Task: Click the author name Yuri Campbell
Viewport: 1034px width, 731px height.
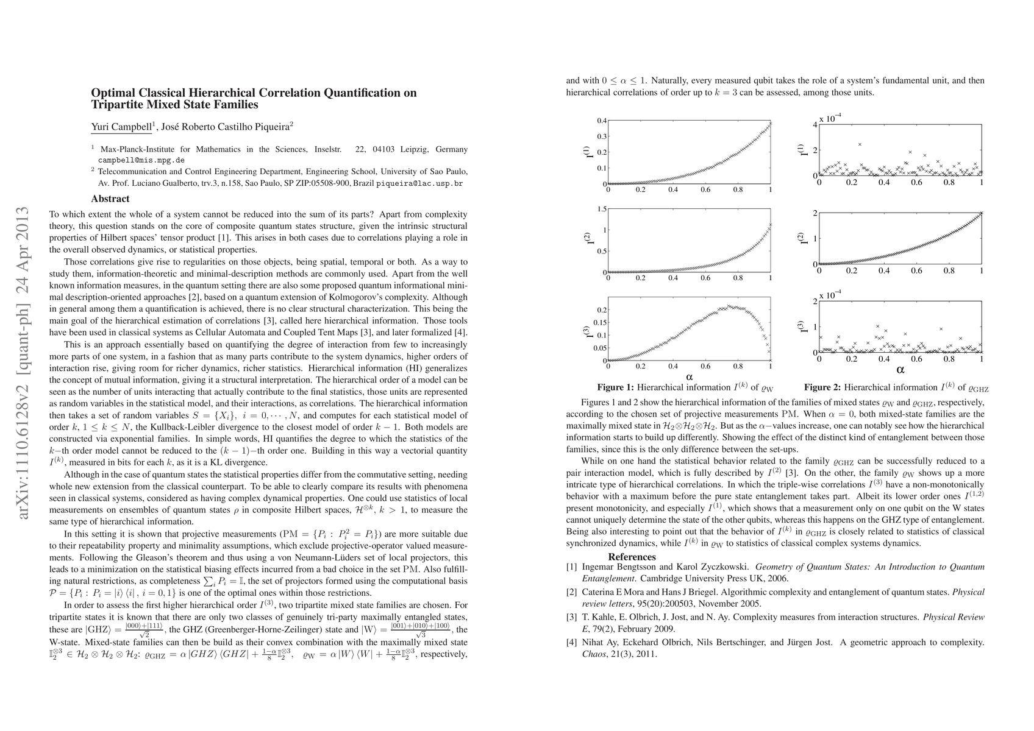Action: click(121, 127)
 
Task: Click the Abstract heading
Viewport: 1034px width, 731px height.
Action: click(110, 199)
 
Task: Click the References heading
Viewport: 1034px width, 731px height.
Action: click(632, 557)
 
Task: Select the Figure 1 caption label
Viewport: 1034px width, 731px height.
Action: click(615, 387)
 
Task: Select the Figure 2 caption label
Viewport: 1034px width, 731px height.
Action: click(822, 387)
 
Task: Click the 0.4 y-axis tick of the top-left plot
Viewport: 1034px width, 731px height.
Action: click(602, 121)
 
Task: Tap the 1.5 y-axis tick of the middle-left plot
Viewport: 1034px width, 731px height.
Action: click(602, 209)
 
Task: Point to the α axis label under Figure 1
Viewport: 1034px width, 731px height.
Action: click(690, 376)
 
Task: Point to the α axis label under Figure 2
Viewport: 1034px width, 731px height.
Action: click(900, 369)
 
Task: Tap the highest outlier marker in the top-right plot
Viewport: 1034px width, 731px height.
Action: click(860, 144)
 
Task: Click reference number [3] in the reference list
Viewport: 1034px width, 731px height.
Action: click(571, 617)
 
